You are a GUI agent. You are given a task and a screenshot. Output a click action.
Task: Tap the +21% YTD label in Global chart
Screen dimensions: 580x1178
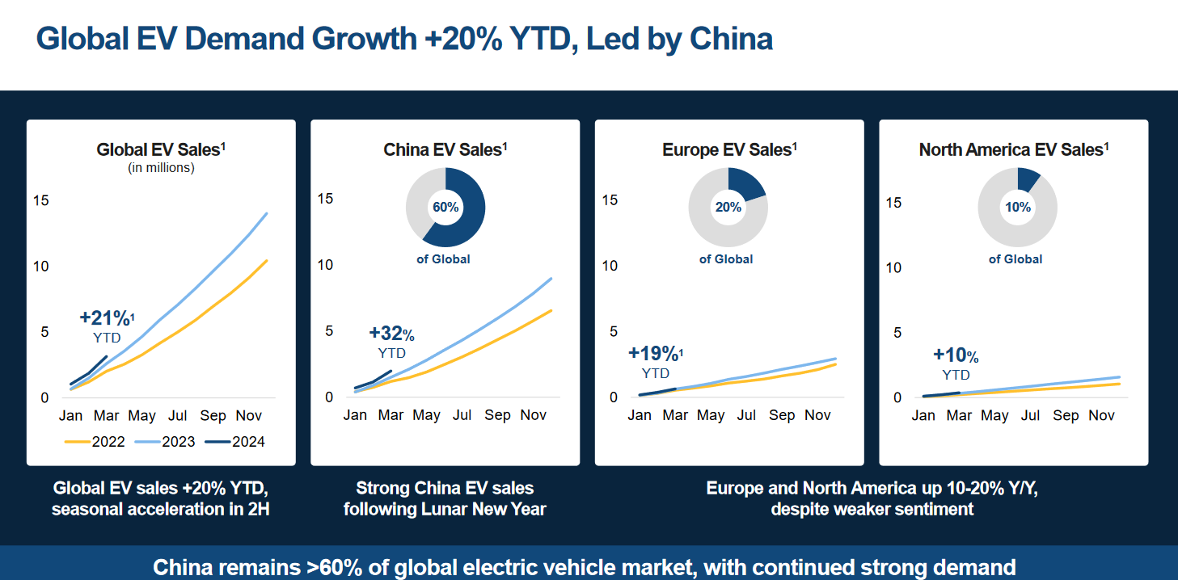click(x=106, y=326)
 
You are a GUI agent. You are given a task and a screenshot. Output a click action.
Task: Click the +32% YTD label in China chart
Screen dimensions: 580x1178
click(x=391, y=342)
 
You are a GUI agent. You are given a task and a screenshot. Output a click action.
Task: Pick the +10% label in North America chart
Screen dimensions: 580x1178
click(x=956, y=355)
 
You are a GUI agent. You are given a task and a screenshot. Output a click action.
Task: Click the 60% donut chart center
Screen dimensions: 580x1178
click(x=445, y=208)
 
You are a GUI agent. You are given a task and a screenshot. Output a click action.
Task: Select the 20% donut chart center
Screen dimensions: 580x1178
click(x=728, y=208)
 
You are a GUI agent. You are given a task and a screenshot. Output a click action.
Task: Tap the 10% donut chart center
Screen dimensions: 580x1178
click(x=1017, y=208)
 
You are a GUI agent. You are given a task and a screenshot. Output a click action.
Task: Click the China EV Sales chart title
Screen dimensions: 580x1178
click(x=445, y=149)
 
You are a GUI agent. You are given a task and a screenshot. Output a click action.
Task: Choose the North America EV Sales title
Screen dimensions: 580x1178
click(x=1014, y=149)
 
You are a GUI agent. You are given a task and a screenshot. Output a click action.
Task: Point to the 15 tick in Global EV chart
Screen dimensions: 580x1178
click(x=40, y=200)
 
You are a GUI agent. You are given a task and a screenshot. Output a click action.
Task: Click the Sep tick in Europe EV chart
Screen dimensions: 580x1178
click(x=782, y=415)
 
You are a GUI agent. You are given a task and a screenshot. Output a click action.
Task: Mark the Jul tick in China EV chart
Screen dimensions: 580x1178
click(x=462, y=415)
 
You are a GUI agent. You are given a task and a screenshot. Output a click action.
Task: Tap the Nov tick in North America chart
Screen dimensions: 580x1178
click(x=1102, y=415)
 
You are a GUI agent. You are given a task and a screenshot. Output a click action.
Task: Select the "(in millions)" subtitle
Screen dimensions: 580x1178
click(x=161, y=168)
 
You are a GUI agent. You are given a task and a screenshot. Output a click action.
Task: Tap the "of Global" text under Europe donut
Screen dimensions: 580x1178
click(x=726, y=259)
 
